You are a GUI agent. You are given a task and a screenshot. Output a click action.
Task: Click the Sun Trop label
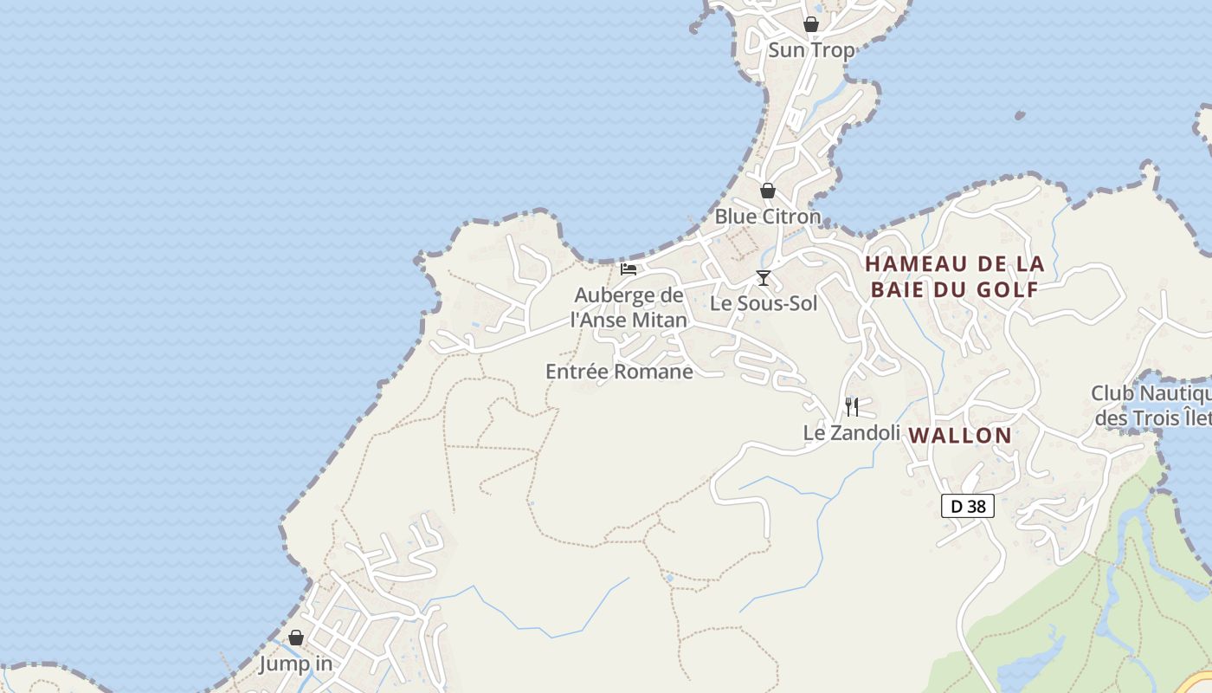pos(811,50)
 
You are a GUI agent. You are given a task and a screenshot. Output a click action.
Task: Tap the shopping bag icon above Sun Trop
pos(811,24)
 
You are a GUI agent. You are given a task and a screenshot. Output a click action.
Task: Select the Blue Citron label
pos(767,217)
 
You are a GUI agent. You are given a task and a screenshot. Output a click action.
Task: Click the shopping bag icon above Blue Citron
pos(768,191)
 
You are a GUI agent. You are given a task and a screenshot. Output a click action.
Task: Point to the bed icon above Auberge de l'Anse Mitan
pos(629,269)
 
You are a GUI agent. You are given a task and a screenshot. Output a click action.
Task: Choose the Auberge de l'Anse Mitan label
pos(629,308)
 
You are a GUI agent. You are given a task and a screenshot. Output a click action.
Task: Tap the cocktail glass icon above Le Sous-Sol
pos(763,277)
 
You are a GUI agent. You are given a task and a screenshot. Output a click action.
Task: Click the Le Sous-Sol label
pos(764,303)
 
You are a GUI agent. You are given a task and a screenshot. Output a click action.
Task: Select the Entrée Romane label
pos(619,372)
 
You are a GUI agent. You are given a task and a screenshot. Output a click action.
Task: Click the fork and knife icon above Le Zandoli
pos(852,406)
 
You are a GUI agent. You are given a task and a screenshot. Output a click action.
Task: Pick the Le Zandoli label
pos(852,432)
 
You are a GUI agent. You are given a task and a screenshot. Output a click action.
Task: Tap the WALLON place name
pos(960,436)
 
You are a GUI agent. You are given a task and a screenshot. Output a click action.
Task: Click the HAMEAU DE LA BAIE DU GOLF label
pos(954,276)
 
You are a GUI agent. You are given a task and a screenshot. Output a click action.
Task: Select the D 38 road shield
pos(968,506)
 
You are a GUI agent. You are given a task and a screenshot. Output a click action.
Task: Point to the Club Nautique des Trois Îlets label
pos(1151,405)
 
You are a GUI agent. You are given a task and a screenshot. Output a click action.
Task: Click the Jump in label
pos(295,664)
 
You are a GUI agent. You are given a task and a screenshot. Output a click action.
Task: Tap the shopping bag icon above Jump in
pos(296,638)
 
